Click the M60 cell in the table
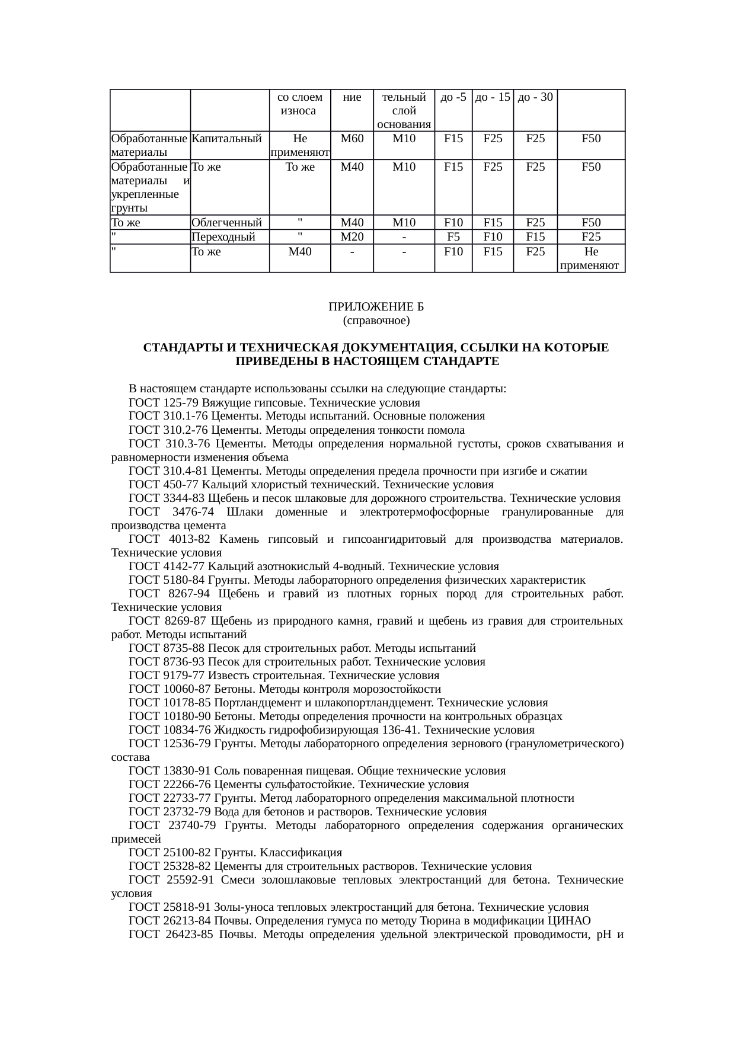pos(352,139)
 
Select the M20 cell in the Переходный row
pos(352,237)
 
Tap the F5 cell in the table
pos(453,237)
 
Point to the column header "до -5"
pos(453,97)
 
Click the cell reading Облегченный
pos(227,223)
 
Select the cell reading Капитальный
pos(227,139)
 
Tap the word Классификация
pos(301,853)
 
